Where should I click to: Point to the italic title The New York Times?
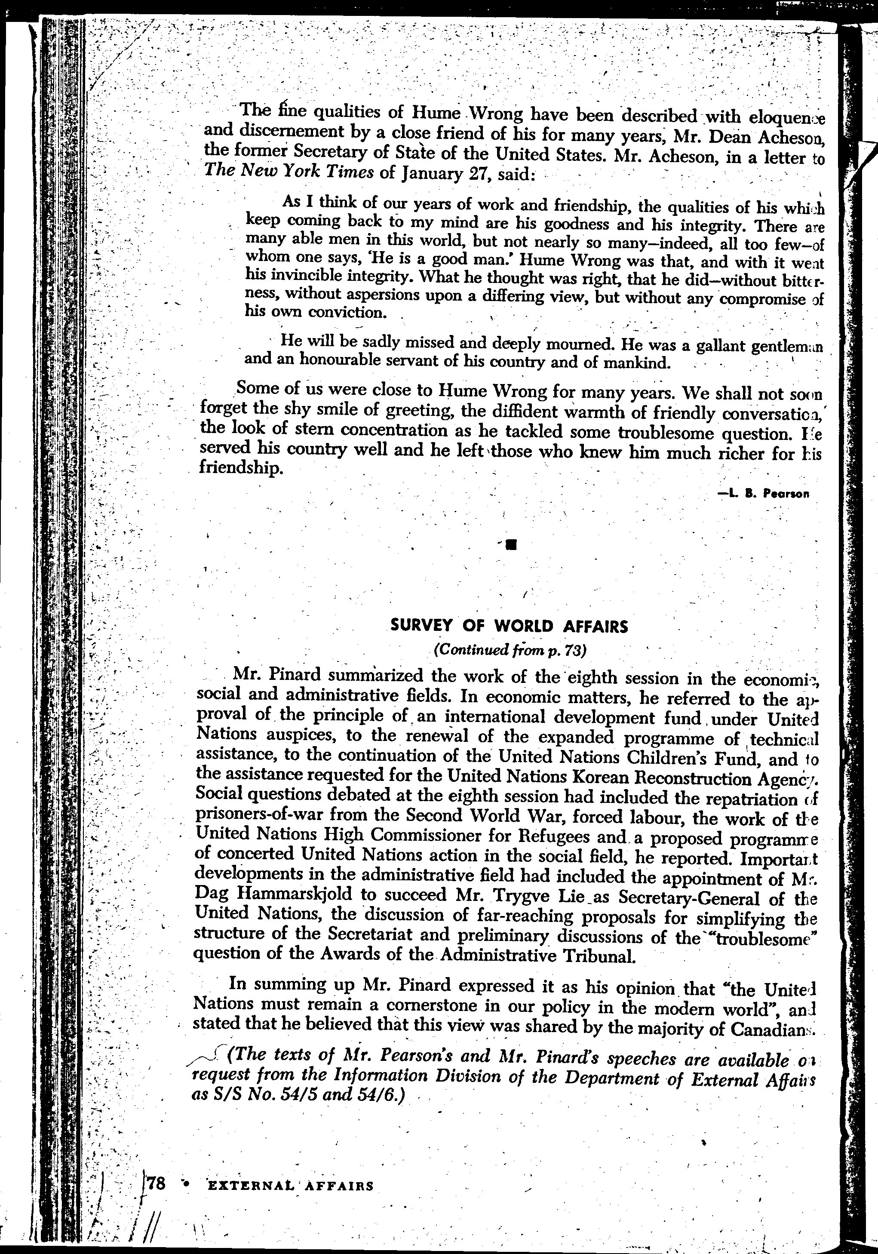(289, 172)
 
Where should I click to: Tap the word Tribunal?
(599, 956)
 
